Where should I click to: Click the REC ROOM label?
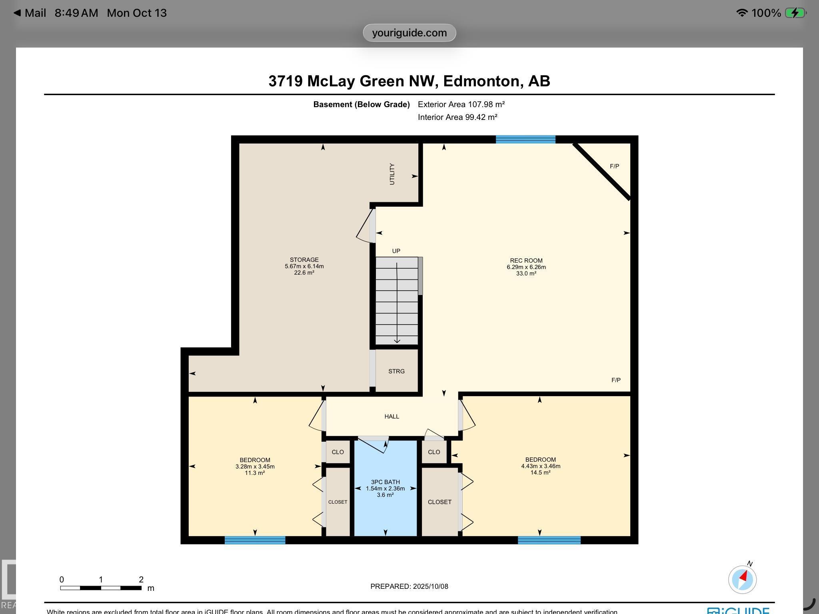[526, 261]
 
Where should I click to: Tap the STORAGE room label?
[304, 260]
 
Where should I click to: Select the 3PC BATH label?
[385, 482]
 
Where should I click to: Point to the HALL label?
[392, 417]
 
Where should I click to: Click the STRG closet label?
[396, 371]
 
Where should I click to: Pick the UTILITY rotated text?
[392, 174]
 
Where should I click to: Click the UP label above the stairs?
[396, 251]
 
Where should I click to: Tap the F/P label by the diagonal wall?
[614, 166]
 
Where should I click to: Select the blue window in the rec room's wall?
[525, 140]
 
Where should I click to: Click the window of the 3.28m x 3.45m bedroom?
[255, 540]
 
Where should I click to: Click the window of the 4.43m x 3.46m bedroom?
[549, 540]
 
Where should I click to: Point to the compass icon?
[742, 579]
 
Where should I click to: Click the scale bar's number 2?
[141, 580]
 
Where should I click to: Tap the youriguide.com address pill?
[409, 33]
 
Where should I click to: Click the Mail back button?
[30, 13]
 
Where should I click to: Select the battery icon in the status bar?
[795, 13]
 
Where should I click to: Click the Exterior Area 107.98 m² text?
[461, 104]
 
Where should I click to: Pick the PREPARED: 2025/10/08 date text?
[409, 586]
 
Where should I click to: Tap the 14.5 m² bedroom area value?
[540, 472]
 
